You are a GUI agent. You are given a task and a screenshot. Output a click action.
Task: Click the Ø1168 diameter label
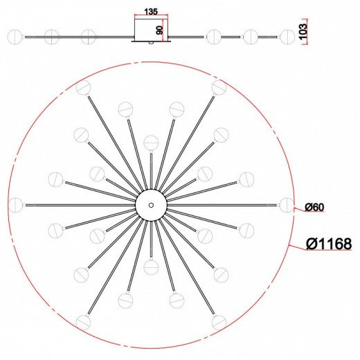pos(329,244)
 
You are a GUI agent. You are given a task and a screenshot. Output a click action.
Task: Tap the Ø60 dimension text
pos(314,207)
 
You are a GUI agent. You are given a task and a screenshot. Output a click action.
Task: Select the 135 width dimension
pos(151,12)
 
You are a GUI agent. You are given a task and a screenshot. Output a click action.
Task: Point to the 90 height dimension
pos(159,30)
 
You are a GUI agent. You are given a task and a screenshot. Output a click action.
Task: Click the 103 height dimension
pos(303,31)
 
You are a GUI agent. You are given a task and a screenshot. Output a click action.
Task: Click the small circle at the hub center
pos(151,205)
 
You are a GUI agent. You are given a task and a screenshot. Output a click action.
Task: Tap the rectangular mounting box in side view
pos(151,30)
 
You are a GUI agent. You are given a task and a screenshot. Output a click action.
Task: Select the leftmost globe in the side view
pos(15,37)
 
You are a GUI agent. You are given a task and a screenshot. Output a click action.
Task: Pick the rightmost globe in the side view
pos(287,37)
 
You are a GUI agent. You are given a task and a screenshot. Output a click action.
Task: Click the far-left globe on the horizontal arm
pos(16,205)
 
